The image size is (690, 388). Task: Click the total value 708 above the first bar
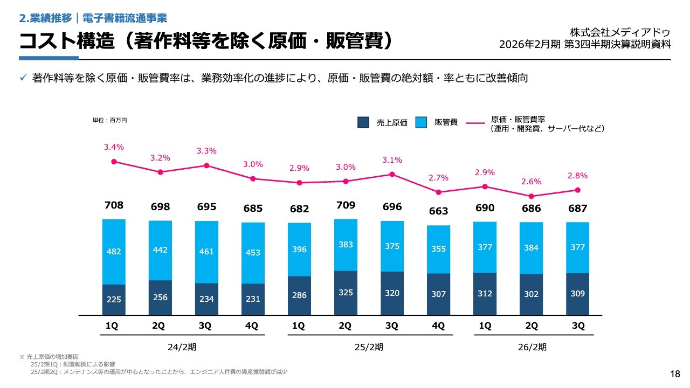[114, 205]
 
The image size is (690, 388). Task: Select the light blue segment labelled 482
[114, 252]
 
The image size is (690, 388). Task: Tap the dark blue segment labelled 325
[346, 293]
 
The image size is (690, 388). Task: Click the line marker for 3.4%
[114, 161]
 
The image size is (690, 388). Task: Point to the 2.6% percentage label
[531, 182]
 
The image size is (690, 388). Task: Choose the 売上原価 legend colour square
[363, 123]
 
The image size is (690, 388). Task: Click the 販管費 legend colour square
[422, 123]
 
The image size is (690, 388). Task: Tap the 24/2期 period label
[182, 347]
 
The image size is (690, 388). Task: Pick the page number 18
[675, 374]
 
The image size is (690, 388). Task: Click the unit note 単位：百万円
[109, 121]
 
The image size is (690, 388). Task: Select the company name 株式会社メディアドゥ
[620, 32]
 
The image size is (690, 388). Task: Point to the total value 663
[438, 211]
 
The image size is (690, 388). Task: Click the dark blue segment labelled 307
[438, 294]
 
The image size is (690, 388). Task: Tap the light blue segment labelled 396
[299, 250]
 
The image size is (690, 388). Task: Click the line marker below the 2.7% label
[438, 192]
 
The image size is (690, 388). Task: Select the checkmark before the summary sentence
[23, 78]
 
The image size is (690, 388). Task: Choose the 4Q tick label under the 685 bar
[252, 326]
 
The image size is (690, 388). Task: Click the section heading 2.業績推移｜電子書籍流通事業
[93, 18]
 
